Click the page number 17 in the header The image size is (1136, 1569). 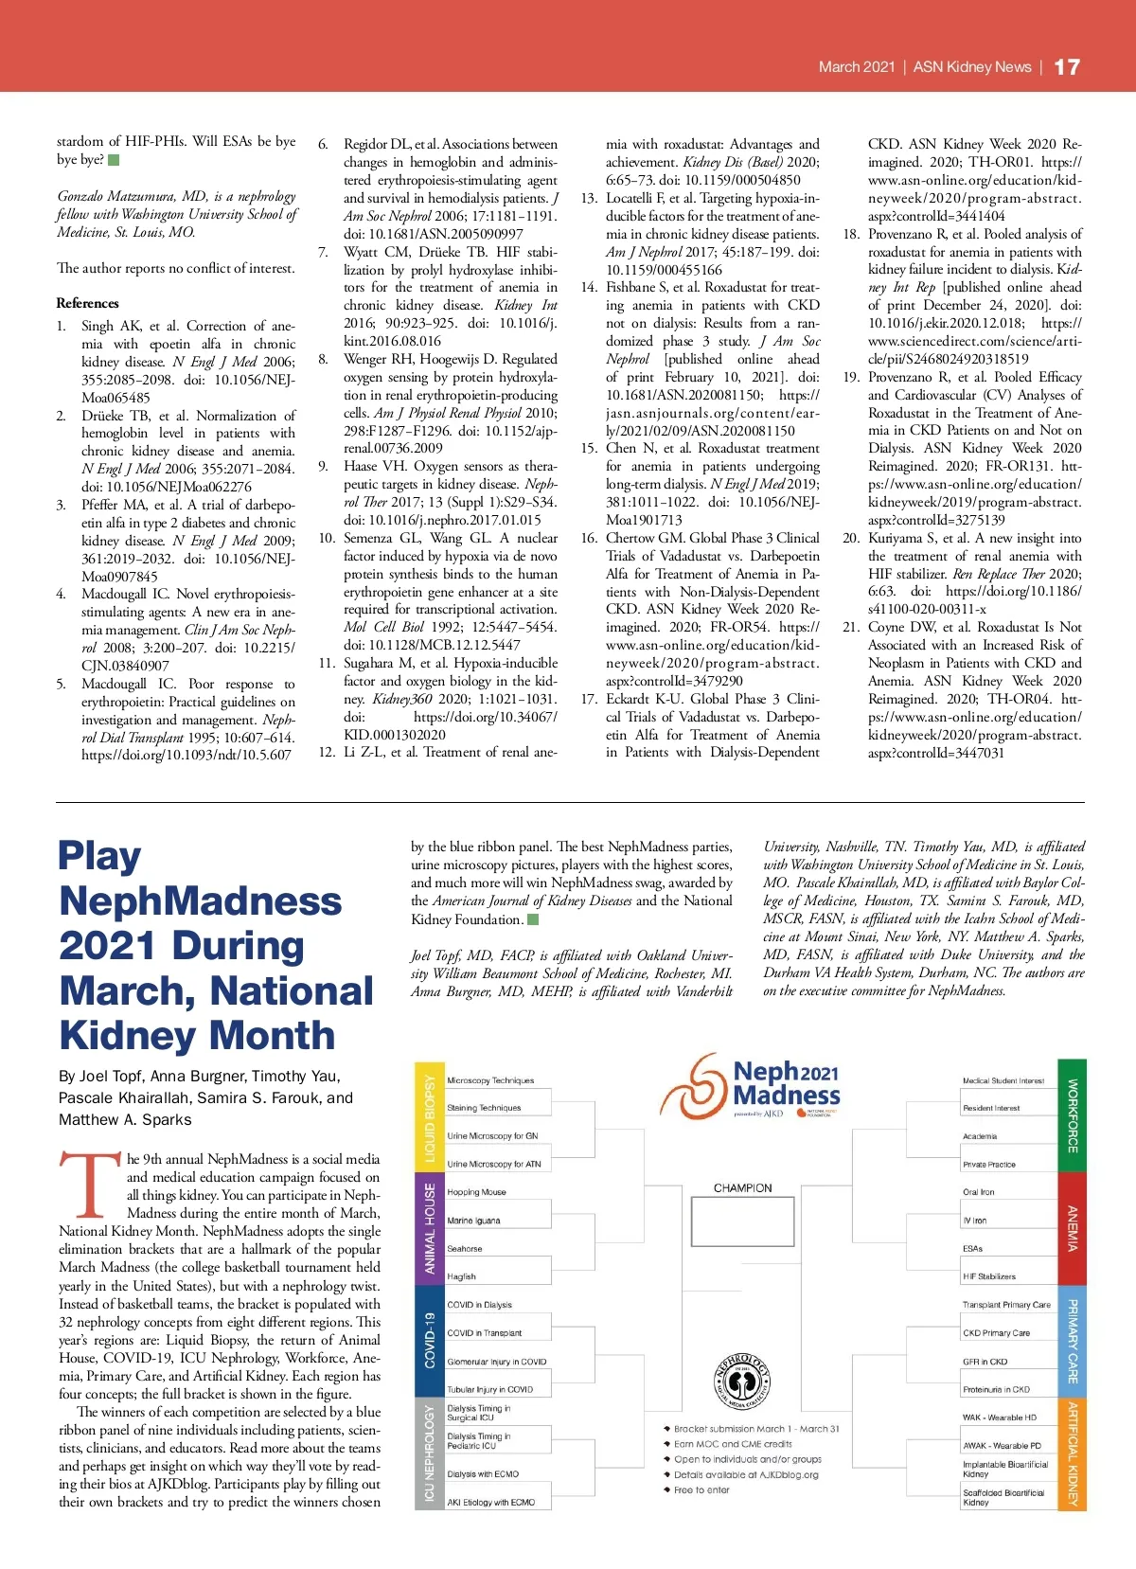coord(1067,67)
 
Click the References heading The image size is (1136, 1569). coord(88,303)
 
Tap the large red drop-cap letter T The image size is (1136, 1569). coord(91,1183)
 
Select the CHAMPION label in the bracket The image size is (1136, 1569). coord(743,1187)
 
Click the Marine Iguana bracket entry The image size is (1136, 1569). coord(474,1221)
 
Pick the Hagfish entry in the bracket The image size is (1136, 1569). coord(462,1276)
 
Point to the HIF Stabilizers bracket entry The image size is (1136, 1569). coord(989,1276)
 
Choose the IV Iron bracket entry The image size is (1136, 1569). coord(975,1221)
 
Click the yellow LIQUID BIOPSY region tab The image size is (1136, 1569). coord(430,1116)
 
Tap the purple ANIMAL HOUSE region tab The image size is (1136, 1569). coord(430,1228)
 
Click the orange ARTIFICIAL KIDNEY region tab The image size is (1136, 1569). coord(1073,1453)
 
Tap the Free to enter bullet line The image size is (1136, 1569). coord(701,1489)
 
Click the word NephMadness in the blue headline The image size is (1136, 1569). coord(201,900)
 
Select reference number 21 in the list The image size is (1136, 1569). coord(851,627)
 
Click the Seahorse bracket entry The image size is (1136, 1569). coord(465,1249)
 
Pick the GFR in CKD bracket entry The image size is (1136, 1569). coord(985,1362)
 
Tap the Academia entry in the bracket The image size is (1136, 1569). coord(980,1136)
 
